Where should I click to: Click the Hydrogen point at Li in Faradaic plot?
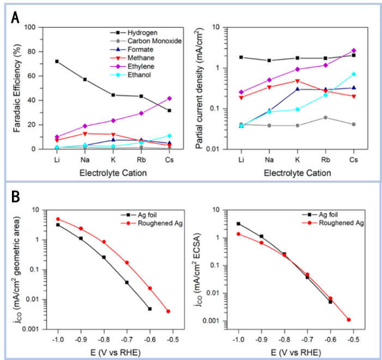pos(57,61)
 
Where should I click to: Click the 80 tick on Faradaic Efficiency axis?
pos(31,52)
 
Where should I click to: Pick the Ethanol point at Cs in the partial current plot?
pos(354,74)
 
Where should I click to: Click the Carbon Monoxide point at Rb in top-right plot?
pos(325,117)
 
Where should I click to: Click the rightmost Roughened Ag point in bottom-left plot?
pos(168,311)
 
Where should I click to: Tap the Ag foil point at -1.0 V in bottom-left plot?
pos(57,225)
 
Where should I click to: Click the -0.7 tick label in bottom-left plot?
pos(126,339)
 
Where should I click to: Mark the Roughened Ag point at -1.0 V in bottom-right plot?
pos(238,234)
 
